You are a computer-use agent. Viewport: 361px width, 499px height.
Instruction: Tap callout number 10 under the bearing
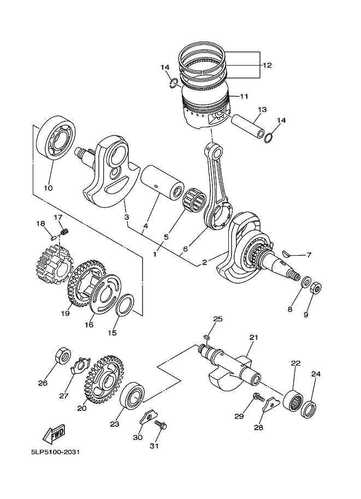click(48, 189)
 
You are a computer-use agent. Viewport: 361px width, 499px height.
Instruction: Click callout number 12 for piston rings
click(267, 65)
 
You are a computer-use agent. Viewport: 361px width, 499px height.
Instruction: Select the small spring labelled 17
click(64, 232)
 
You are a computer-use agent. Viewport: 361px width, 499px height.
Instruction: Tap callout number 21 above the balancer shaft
click(253, 337)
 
